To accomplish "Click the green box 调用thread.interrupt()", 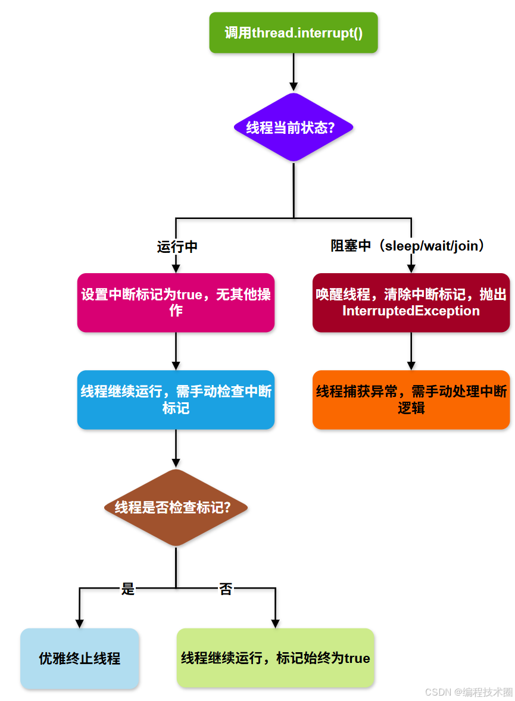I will (294, 33).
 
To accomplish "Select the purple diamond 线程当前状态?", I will (294, 127).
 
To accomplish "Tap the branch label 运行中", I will (177, 246).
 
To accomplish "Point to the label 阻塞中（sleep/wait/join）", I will (408, 245).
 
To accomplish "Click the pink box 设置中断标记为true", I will (176, 302).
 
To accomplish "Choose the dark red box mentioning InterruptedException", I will (411, 302).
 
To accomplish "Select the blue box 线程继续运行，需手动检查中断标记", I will (176, 399).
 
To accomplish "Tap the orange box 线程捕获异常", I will (411, 399).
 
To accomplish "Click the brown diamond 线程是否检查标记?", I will (176, 508).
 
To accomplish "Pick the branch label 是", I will (128, 589).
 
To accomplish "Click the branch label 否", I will (226, 589).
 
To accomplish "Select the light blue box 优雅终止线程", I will (80, 658).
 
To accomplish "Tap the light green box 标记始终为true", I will (275, 658).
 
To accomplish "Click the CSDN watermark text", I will (469, 692).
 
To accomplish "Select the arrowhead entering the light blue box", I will (80, 622).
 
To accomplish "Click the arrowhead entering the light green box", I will (275, 622).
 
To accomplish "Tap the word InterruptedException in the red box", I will (411, 311).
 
